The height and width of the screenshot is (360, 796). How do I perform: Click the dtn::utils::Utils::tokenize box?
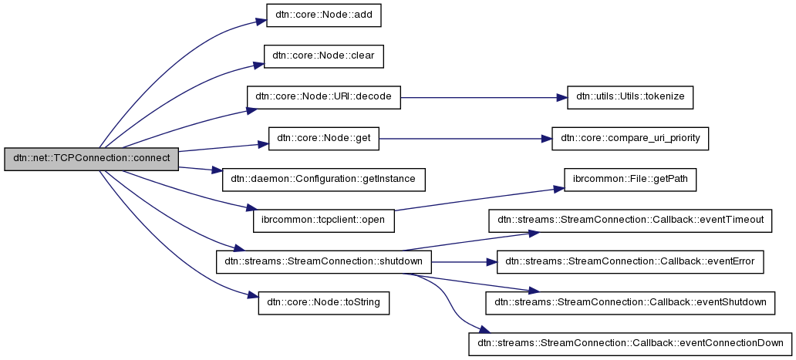(x=630, y=97)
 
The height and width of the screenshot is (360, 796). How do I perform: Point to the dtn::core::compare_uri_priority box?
(x=629, y=138)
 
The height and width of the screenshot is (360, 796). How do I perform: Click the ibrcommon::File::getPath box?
(x=630, y=179)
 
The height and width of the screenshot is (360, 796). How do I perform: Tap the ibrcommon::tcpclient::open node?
(x=324, y=220)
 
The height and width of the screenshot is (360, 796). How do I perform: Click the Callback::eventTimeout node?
(x=630, y=220)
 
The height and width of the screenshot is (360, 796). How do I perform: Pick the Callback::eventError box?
(x=630, y=261)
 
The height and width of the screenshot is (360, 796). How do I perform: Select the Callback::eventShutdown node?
(x=630, y=302)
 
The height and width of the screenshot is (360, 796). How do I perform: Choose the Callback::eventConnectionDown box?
(x=630, y=343)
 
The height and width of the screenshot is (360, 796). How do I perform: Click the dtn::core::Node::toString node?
(x=324, y=302)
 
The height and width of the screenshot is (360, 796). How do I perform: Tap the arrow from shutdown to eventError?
(x=463, y=261)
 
